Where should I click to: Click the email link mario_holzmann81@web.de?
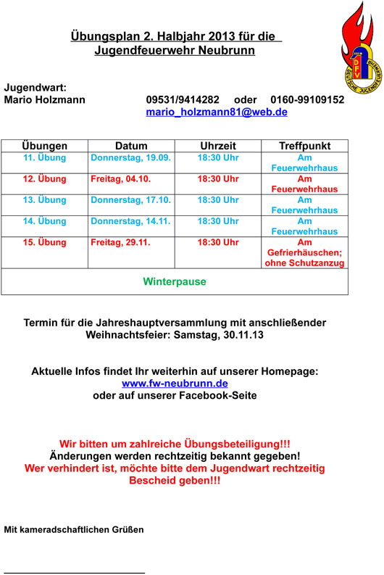pyautogui.click(x=217, y=112)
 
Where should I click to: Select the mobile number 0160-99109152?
pyautogui.click(x=307, y=99)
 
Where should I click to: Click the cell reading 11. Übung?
pyautogui.click(x=45, y=157)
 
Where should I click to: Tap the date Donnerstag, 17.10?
pyautogui.click(x=130, y=199)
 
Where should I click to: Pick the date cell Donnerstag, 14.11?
pyautogui.click(x=130, y=220)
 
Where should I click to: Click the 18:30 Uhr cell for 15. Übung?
pyautogui.click(x=218, y=242)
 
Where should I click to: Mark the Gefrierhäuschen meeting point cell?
pyautogui.click(x=304, y=252)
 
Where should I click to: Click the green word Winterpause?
pyautogui.click(x=175, y=281)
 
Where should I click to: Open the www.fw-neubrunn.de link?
pyautogui.click(x=175, y=383)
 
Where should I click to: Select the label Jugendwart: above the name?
pyautogui.click(x=36, y=87)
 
